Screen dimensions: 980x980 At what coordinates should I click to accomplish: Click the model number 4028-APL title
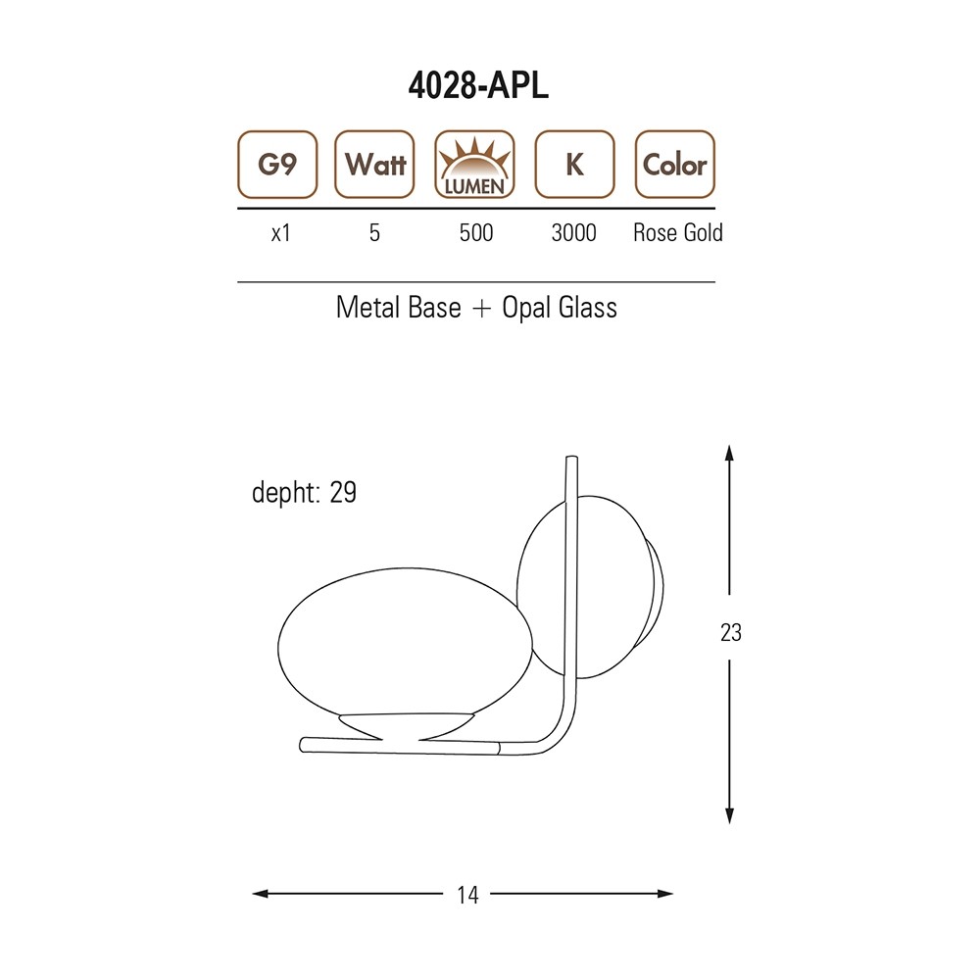[478, 85]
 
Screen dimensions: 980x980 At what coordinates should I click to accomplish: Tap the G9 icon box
[277, 165]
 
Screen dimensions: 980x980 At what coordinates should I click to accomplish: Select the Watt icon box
[375, 165]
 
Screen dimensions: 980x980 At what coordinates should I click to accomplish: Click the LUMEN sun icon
[475, 165]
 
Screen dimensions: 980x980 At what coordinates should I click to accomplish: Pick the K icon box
[575, 165]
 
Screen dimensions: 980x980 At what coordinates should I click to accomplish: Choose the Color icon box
[675, 165]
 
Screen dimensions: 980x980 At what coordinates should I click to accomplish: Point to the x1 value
[280, 233]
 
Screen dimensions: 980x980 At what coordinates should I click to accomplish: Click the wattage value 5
[374, 232]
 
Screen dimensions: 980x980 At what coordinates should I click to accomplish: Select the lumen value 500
[476, 232]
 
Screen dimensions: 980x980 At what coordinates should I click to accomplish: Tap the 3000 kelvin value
[573, 232]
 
